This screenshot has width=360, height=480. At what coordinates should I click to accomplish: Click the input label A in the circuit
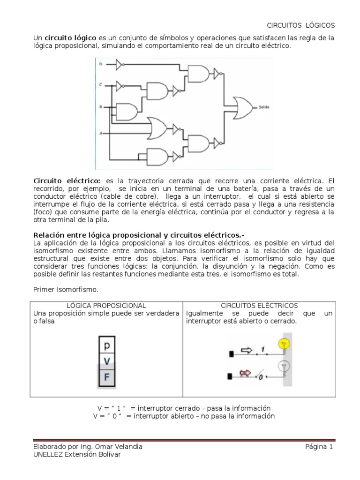[100, 134]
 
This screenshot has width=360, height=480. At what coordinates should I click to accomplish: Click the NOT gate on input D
[120, 63]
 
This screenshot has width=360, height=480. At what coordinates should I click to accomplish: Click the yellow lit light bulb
[282, 344]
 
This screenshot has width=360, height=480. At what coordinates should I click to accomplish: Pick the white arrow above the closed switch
[247, 350]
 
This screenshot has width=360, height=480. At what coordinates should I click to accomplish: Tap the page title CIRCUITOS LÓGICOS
[301, 25]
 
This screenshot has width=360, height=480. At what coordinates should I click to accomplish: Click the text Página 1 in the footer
[319, 447]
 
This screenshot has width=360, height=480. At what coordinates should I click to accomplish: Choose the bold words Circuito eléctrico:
[67, 180]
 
